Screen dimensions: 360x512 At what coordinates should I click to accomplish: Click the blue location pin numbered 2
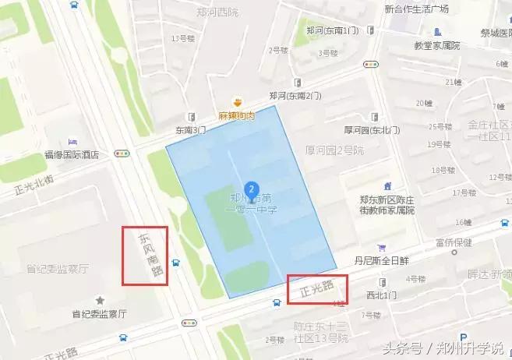tap(251, 189)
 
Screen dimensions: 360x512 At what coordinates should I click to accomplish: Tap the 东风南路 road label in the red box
tap(145, 256)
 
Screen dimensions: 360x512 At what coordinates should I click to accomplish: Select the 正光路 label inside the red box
tap(316, 288)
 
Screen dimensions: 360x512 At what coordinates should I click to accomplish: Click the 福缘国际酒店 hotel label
tap(71, 154)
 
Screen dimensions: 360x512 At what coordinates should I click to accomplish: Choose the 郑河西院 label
tap(215, 12)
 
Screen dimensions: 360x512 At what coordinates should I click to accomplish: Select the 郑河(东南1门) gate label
tap(332, 30)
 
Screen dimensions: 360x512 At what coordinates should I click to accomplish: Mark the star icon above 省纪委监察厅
tap(99, 300)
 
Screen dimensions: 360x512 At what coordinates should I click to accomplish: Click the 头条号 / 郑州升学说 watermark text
tap(457, 348)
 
